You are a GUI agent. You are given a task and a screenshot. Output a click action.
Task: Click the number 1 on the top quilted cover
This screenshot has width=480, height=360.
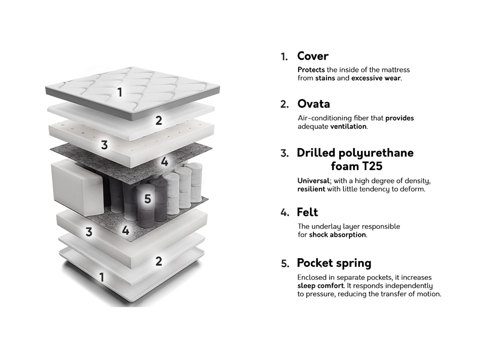pos(120,92)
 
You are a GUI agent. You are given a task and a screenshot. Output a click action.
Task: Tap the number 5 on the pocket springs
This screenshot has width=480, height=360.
pos(148,199)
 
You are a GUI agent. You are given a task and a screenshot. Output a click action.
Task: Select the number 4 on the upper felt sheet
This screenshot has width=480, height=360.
pos(165,162)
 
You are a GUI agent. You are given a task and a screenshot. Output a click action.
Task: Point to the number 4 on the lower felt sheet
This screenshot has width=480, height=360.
pos(125,231)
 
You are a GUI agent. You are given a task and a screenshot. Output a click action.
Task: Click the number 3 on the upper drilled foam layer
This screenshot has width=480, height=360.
pos(105,145)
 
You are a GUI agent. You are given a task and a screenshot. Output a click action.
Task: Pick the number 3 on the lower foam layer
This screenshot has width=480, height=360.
pos(89,232)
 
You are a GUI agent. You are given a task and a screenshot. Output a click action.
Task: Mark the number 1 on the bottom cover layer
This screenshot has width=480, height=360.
pos(102,277)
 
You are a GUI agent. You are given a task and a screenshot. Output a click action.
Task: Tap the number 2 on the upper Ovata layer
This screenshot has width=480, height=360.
pos(158,121)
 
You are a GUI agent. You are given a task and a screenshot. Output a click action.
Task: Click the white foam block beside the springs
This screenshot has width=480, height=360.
pos(76,185)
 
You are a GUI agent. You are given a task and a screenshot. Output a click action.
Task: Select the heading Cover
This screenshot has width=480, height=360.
pos(313,56)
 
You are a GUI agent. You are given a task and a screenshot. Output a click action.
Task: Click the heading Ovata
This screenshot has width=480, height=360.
pos(314,103)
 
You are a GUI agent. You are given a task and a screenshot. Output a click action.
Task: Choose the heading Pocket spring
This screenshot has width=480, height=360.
pos(334,263)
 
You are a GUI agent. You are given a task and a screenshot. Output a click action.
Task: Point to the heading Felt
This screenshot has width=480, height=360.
pos(307,212)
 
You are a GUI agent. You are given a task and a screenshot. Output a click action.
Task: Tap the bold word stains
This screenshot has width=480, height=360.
pos(325,78)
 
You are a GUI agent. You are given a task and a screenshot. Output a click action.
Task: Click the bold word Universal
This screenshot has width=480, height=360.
pos(314,181)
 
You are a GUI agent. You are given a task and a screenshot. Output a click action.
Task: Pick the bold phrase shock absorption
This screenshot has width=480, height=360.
pos(338,235)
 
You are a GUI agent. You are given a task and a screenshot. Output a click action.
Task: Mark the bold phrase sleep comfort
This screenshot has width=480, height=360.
pos(321,286)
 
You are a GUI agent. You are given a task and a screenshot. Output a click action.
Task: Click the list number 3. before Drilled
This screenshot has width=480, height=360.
pos(285,154)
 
